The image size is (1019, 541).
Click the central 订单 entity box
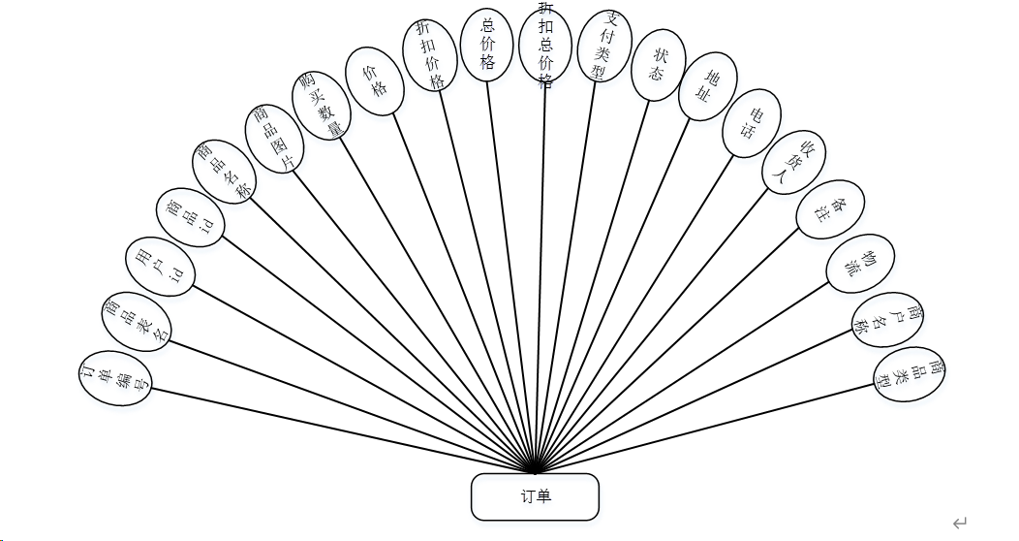(x=535, y=496)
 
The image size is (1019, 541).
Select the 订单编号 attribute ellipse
(x=116, y=378)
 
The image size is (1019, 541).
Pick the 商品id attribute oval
(x=193, y=215)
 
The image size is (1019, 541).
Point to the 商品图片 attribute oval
(x=272, y=138)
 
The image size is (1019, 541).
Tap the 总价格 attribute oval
(x=487, y=45)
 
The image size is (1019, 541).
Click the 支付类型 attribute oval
(x=603, y=47)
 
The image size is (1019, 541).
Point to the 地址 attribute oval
(x=706, y=85)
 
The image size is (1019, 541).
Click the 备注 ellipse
(x=830, y=209)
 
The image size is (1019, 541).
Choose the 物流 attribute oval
(x=860, y=264)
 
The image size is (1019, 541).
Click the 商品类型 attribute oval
(x=909, y=374)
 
